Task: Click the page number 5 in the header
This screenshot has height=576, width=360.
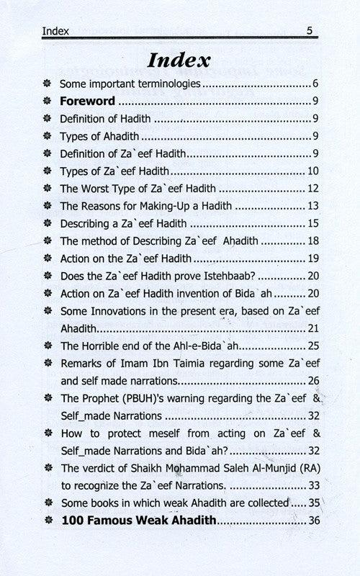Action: point(309,31)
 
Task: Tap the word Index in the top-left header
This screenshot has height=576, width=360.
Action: point(55,31)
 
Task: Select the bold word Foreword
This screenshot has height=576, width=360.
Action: point(87,102)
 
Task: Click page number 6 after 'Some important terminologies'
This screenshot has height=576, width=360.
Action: point(315,84)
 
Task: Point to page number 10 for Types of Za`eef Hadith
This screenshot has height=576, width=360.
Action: point(312,171)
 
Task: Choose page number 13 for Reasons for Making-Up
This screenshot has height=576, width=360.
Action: point(312,205)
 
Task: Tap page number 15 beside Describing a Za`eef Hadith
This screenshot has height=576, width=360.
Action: point(312,222)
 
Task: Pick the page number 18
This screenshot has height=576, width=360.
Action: point(312,240)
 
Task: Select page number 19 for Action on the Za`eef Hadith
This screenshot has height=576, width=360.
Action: point(312,257)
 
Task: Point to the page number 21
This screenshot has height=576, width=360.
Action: point(312,328)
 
